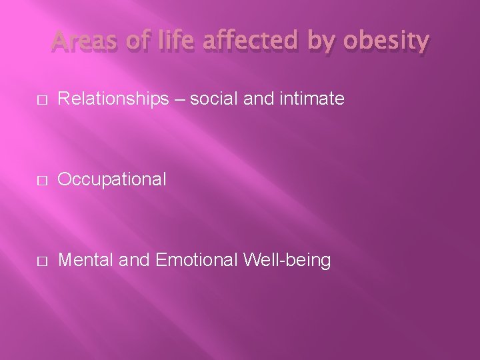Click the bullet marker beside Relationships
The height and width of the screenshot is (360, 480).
[41, 99]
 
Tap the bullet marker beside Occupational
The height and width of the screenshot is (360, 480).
[41, 179]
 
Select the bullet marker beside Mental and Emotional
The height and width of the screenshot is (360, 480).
[41, 260]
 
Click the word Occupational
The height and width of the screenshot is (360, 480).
[112, 179]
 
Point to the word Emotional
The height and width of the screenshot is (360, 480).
[195, 259]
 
